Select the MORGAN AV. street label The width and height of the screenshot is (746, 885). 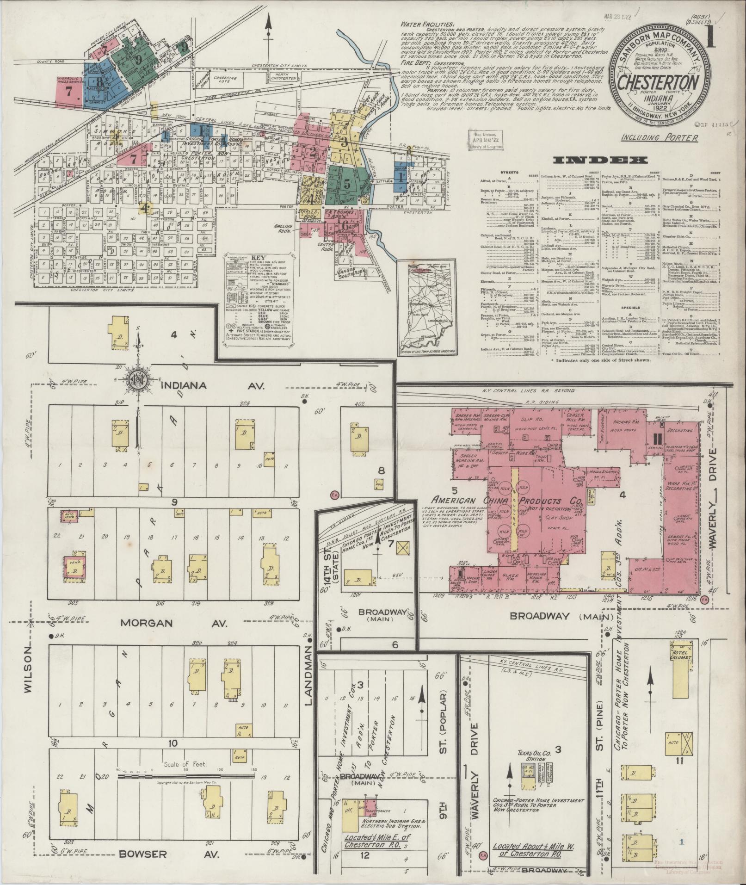pyautogui.click(x=173, y=624)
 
